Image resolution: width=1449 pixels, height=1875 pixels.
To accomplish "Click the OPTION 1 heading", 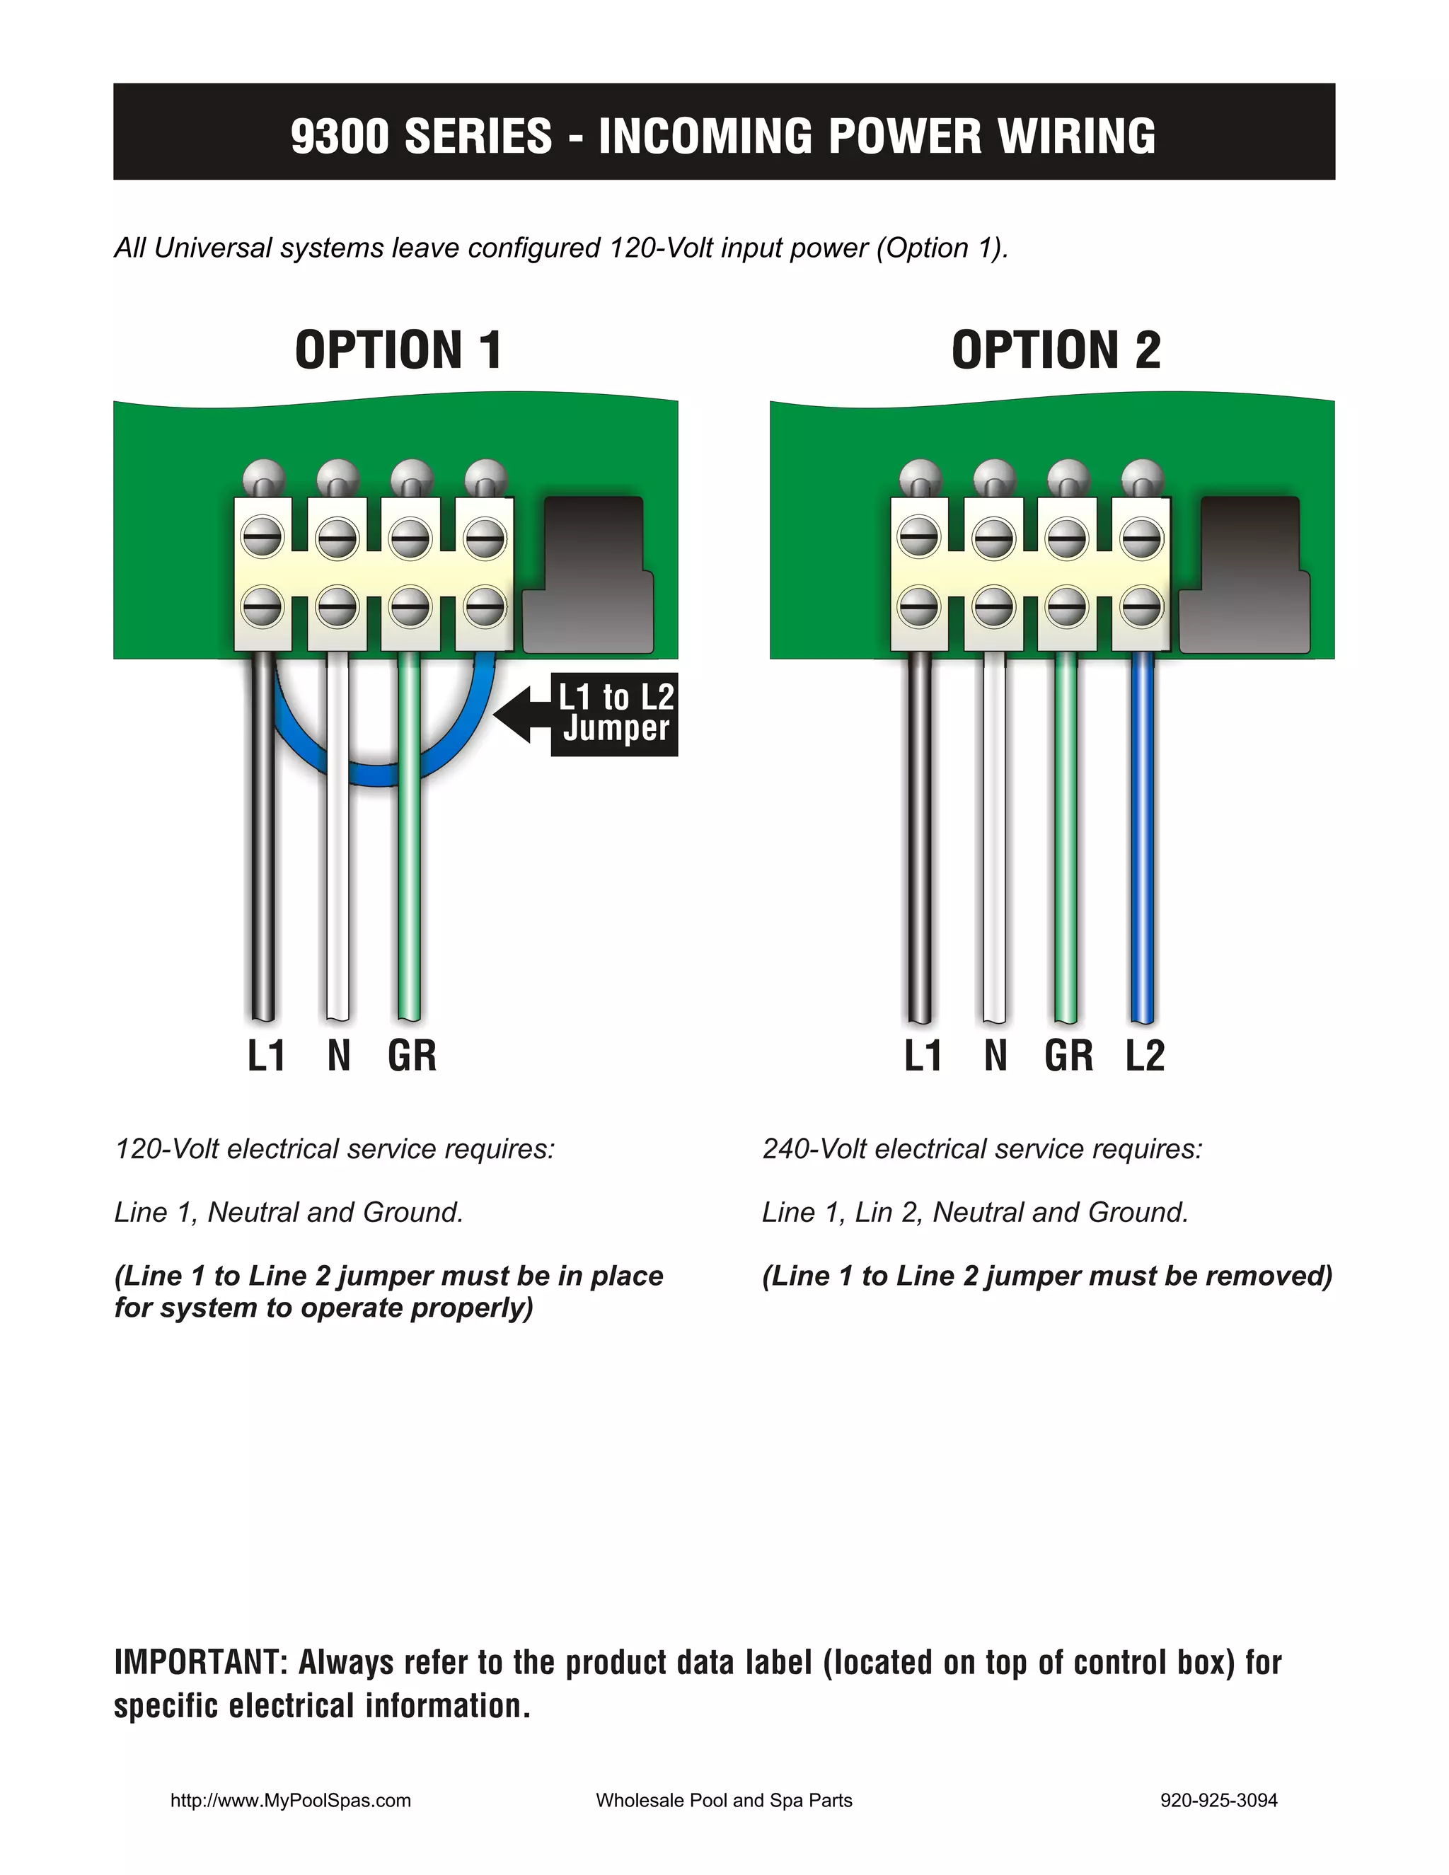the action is (398, 350).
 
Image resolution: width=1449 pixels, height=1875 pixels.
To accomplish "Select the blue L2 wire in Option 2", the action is (1142, 837).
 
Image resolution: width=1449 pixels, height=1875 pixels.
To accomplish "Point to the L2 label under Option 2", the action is (1145, 1055).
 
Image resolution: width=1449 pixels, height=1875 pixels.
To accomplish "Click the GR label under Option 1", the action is (412, 1055).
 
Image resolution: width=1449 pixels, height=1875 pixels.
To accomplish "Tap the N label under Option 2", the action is (995, 1055).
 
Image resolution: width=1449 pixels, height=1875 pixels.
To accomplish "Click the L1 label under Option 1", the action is (266, 1055).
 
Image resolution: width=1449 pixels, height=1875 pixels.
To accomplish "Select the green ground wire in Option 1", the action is (410, 837).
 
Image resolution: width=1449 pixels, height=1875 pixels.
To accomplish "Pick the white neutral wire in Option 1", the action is (337, 837).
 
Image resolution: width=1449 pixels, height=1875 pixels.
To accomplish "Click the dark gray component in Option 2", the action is (1245, 575).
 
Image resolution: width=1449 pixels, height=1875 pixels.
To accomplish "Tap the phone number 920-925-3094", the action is (1219, 1800).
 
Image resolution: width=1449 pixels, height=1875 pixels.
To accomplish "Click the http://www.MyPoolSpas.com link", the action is (291, 1800).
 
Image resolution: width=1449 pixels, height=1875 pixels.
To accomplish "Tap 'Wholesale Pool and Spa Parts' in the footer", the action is (724, 1800).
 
